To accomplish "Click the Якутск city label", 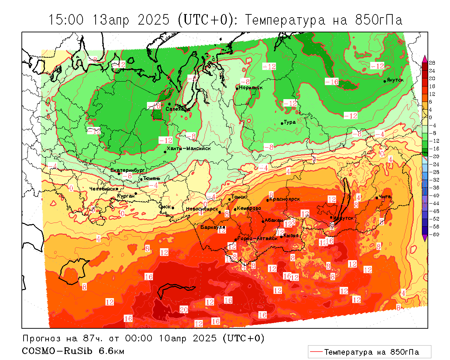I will [395, 80].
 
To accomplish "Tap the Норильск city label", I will [251, 88].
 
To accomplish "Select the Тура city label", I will [290, 122].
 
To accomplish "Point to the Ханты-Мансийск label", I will [189, 148].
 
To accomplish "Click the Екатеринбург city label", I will [127, 170].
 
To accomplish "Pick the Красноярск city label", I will [285, 199].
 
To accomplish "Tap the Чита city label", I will [385, 197].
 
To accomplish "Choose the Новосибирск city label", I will [202, 209].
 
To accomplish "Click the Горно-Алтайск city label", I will [258, 239].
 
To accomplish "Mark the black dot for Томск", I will [230, 199].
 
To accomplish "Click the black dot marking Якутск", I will [385, 81].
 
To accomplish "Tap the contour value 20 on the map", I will [184, 310].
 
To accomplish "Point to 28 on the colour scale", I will [432, 63].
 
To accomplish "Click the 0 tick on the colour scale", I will [430, 117].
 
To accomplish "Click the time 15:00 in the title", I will [66, 20].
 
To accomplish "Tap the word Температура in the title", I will [285, 20].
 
